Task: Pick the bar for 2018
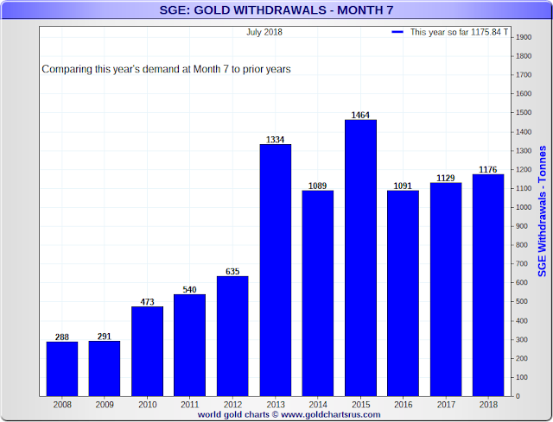[486, 285]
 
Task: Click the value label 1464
[359, 114]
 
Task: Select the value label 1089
[317, 185]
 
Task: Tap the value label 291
[105, 336]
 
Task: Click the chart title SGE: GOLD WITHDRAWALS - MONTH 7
[276, 10]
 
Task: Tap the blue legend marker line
[397, 32]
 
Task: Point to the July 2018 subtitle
[264, 32]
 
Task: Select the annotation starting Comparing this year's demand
[166, 68]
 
